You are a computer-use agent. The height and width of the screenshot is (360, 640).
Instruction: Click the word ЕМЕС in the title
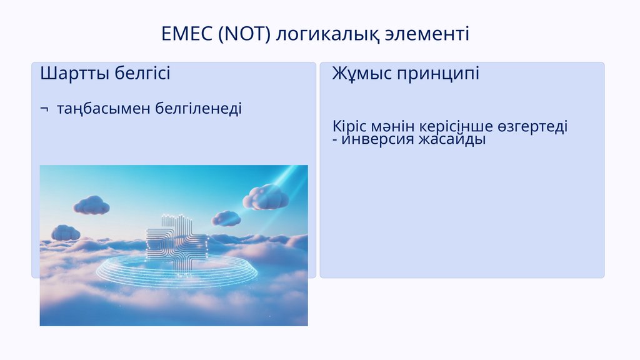(187, 34)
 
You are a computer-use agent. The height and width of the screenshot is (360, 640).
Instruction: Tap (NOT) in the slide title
(244, 34)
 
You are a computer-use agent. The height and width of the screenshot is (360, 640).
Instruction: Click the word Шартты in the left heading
(75, 74)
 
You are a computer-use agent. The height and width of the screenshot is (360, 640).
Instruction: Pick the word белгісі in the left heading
(142, 73)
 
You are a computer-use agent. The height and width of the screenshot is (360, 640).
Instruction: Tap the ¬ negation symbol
(44, 109)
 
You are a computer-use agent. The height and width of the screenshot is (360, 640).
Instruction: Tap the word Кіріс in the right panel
(349, 126)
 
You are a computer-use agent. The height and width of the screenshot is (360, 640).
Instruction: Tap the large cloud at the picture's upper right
(266, 197)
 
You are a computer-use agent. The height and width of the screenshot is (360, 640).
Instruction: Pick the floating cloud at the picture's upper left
(92, 205)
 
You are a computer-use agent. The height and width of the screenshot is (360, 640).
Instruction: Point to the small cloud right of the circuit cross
(226, 218)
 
